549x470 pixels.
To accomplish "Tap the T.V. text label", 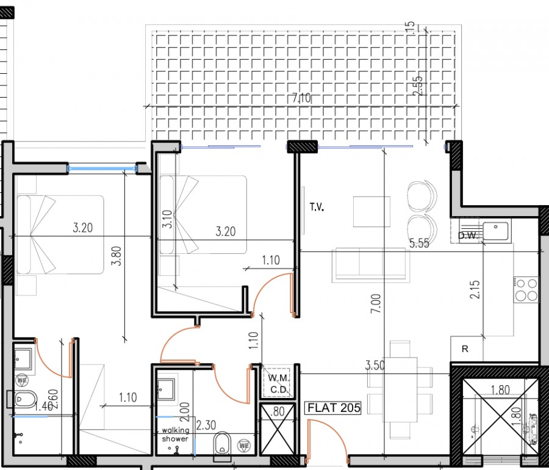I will (316, 208).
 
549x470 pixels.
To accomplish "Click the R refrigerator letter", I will (465, 350).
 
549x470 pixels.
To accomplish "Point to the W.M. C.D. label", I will (279, 383).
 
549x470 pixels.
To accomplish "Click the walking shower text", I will (175, 435).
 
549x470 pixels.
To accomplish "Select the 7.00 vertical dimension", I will (376, 303).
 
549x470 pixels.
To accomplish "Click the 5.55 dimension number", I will (420, 244).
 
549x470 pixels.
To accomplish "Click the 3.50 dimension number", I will (376, 366).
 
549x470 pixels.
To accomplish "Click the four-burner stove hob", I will (526, 290).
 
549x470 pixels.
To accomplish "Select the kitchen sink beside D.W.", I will (496, 232).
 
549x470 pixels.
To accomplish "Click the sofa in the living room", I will (370, 266).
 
